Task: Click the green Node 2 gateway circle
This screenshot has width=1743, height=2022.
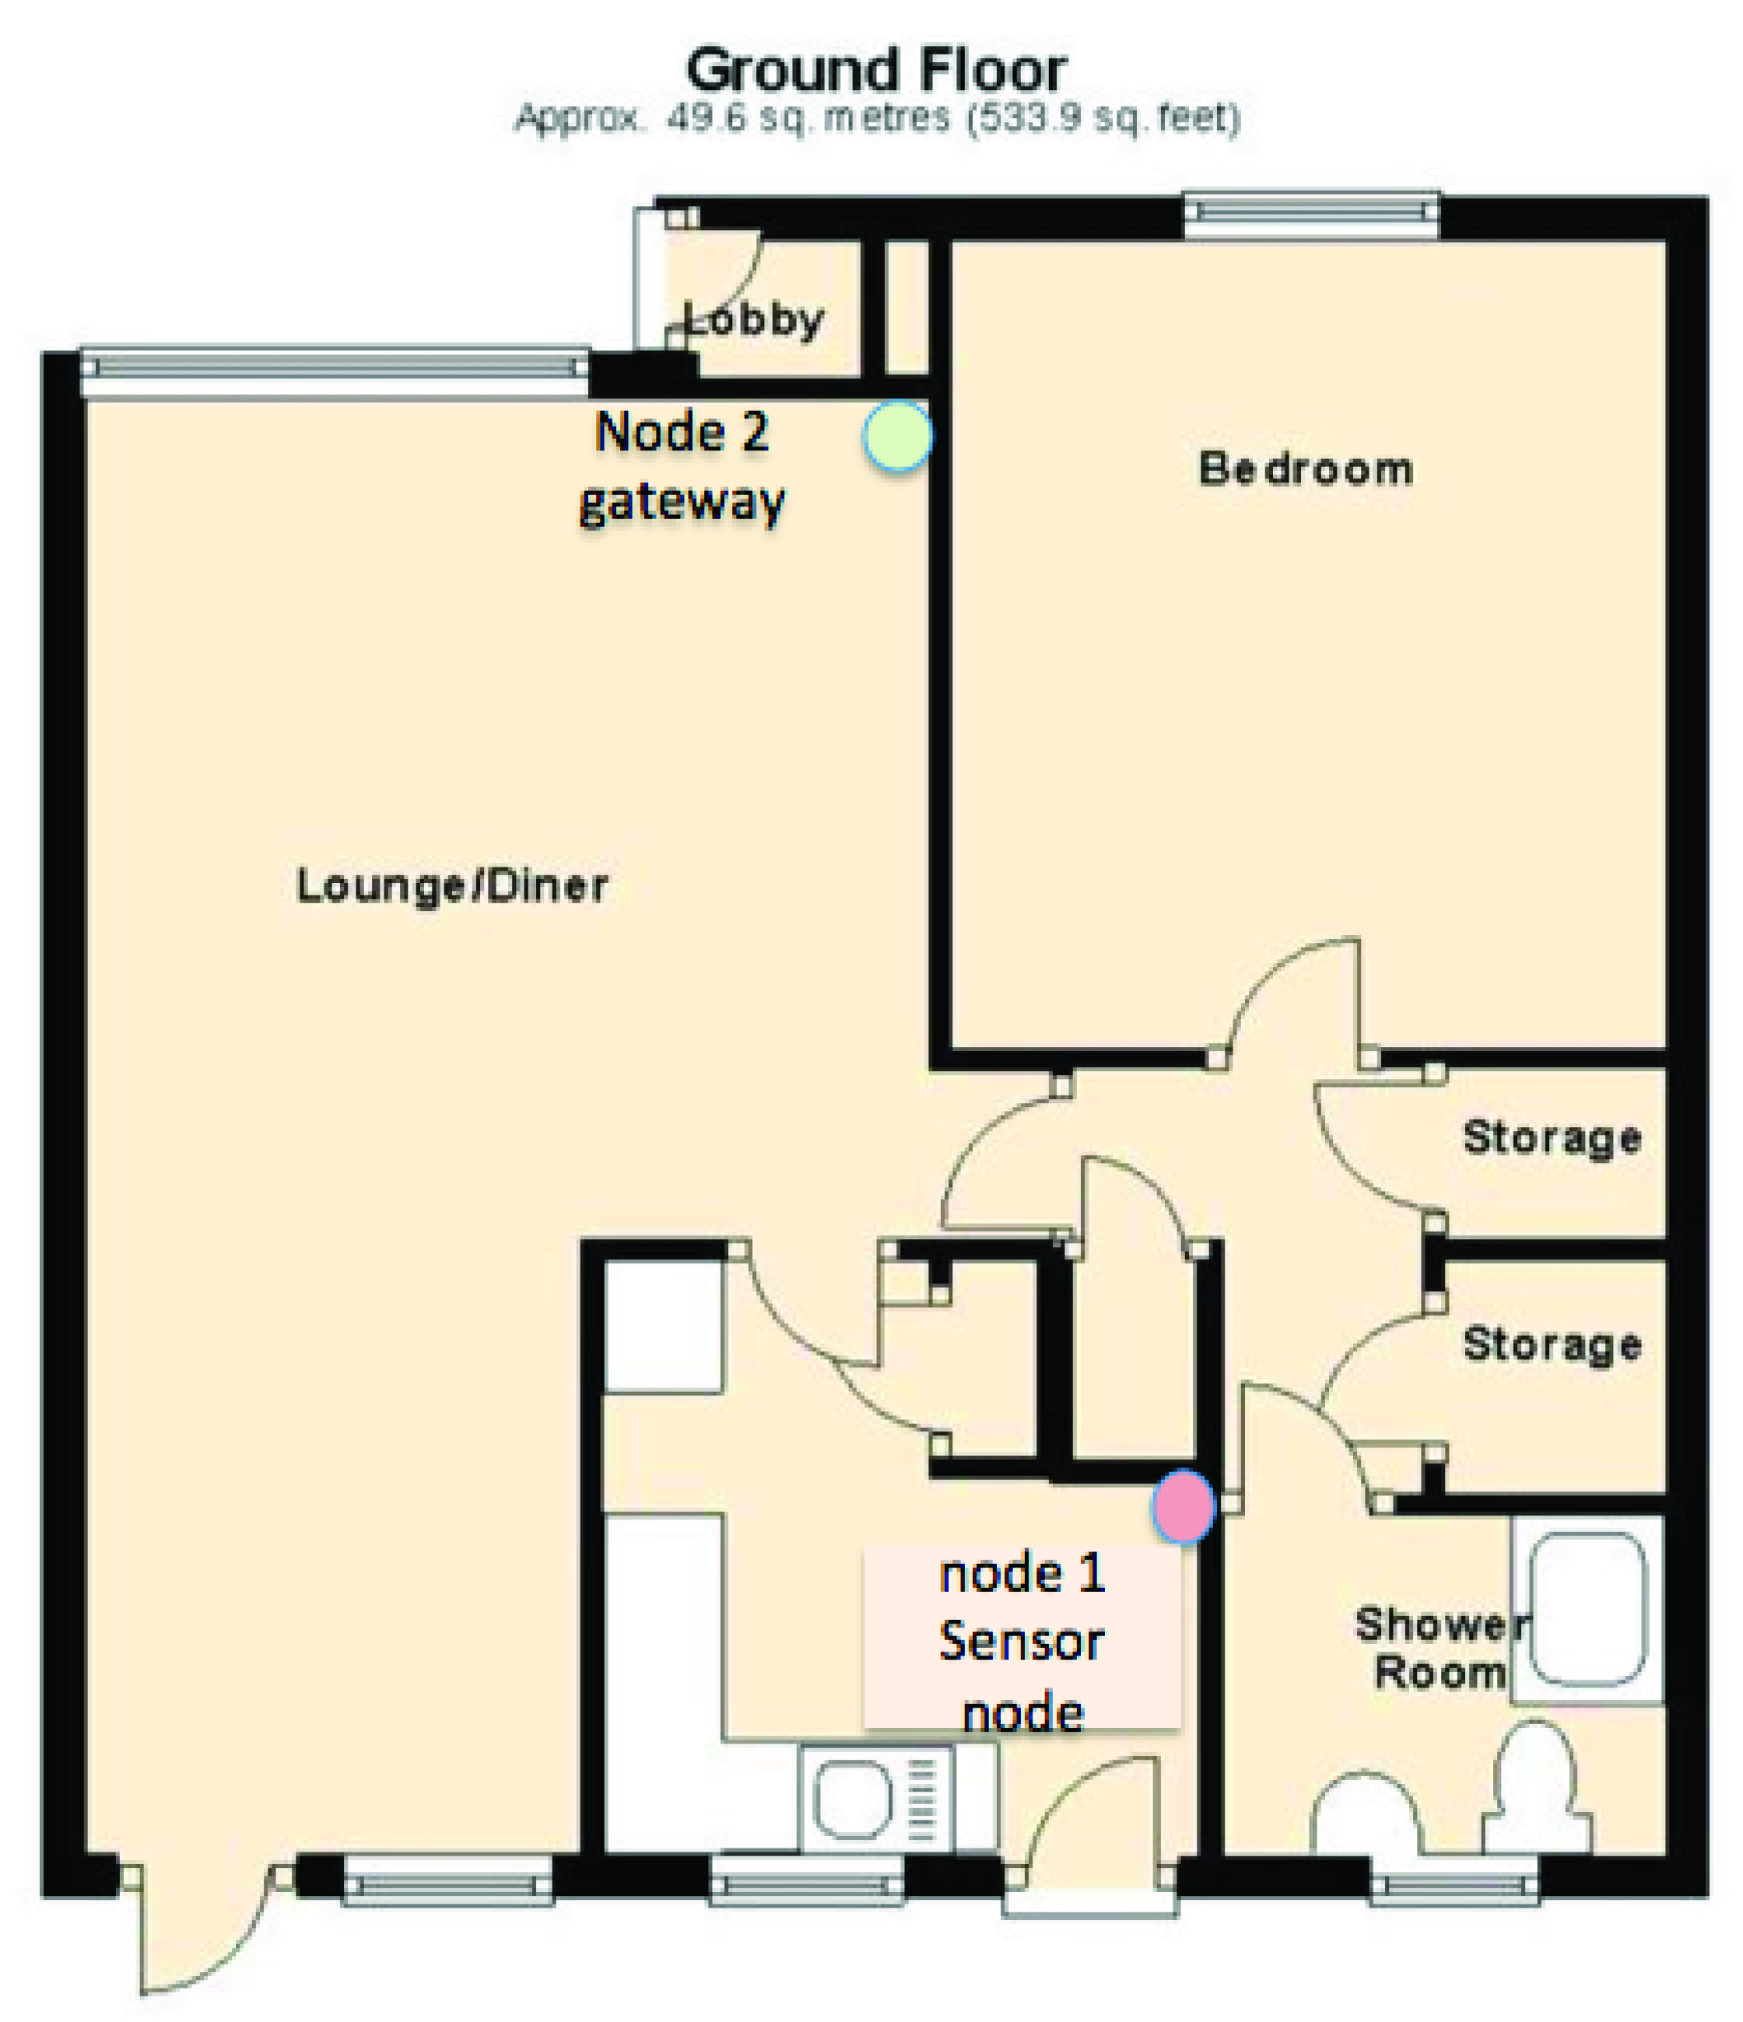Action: [897, 436]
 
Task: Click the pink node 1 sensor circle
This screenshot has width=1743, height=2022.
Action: [1183, 1507]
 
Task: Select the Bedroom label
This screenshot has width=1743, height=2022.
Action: [1306, 469]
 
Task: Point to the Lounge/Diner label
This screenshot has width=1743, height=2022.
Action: [452, 886]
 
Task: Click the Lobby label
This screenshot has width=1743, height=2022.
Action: [753, 320]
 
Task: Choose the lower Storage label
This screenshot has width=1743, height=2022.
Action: [1552, 1344]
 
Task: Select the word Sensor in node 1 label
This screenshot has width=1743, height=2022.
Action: [1021, 1642]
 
